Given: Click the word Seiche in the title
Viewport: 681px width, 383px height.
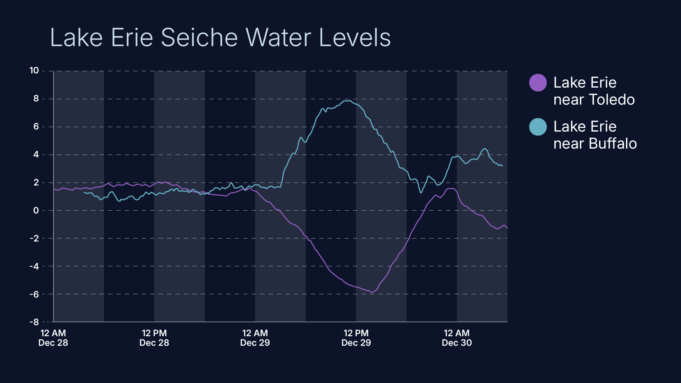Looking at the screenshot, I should click(x=199, y=38).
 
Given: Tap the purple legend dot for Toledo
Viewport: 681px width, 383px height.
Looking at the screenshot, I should click(x=538, y=83).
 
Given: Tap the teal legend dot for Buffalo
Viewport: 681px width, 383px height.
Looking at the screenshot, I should click(x=538, y=127).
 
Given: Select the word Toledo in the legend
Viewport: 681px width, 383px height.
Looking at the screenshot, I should click(x=611, y=100).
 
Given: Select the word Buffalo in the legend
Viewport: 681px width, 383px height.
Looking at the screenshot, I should click(x=613, y=144).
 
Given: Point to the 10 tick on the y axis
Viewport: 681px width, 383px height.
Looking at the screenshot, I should click(x=34, y=71).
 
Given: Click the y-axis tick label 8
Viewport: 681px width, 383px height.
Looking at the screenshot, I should click(x=36, y=99).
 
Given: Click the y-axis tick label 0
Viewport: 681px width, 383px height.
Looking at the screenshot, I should click(x=36, y=210).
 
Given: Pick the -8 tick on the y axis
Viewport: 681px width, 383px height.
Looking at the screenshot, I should click(x=34, y=322).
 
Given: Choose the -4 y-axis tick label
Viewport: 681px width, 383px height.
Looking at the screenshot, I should click(x=34, y=266).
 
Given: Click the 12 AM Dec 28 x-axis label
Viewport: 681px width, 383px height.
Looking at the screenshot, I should click(x=53, y=338).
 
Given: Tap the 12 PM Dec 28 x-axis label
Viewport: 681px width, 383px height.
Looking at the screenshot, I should click(x=154, y=338).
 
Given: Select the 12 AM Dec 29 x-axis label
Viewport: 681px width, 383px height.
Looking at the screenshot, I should click(x=255, y=338).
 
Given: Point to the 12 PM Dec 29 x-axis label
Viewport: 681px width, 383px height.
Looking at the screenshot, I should click(x=356, y=338).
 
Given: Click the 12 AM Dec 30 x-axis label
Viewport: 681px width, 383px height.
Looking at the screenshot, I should click(x=457, y=338).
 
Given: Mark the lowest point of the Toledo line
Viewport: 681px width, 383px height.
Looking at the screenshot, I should click(x=372, y=292).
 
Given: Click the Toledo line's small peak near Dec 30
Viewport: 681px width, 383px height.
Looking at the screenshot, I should click(x=451, y=189).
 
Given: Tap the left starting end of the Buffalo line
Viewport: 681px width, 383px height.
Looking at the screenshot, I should click(x=84, y=192).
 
